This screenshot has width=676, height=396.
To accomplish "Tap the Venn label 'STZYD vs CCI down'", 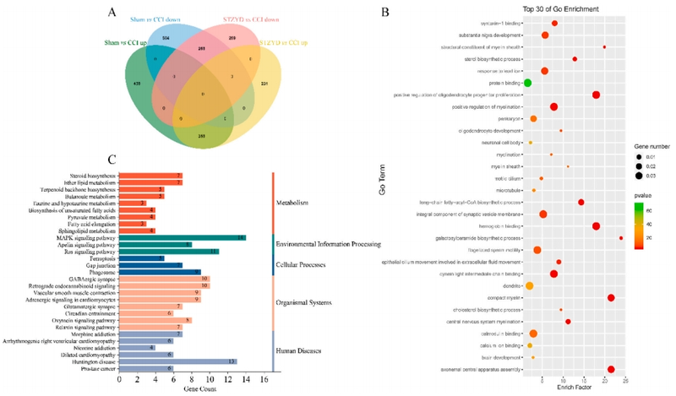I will pyautogui.click(x=223, y=28).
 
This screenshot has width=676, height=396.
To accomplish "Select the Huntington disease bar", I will pyautogui.click(x=177, y=361).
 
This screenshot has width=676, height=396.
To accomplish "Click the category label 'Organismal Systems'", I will pyautogui.click(x=305, y=301).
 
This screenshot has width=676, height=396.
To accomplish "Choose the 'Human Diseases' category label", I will pyautogui.click(x=301, y=349).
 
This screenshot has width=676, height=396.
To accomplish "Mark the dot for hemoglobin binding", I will pyautogui.click(x=597, y=226).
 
